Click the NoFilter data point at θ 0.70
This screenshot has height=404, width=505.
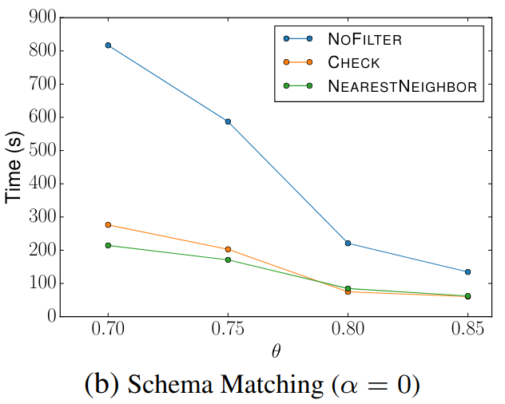108,46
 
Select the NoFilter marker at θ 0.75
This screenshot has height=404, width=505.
228,121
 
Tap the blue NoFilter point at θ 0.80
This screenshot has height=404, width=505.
348,243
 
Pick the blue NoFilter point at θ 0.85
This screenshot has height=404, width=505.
467,272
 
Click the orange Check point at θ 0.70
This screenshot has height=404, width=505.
108,224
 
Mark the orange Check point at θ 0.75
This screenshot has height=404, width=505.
228,249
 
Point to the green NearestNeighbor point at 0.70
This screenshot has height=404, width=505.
108,245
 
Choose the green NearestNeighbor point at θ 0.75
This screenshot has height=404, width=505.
228,259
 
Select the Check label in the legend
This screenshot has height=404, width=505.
354,62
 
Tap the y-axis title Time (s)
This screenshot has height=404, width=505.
14,167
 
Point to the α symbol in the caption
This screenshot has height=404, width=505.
345,386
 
